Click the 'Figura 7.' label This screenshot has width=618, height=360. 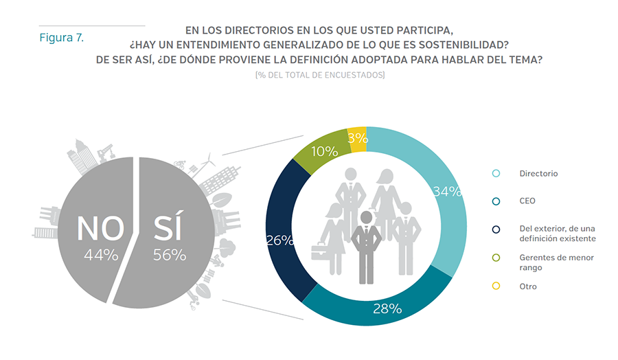tap(61, 38)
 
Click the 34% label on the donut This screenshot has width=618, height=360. tap(446, 192)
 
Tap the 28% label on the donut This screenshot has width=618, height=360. tap(387, 308)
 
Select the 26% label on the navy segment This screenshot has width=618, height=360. tap(279, 240)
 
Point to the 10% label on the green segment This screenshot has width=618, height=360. tap(324, 151)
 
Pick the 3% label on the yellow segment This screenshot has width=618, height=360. tap(357, 137)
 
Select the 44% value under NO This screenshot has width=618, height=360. tap(101, 256)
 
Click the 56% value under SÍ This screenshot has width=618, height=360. tap(169, 256)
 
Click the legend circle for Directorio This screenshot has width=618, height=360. tap(496, 174)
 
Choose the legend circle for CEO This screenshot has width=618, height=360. tap(496, 201)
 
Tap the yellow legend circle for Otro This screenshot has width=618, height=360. tap(496, 286)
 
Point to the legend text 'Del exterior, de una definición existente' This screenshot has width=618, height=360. tap(557, 234)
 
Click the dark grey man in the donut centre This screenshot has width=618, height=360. tap(367, 247)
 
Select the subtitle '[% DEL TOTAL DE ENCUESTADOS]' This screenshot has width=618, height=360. tap(319, 74)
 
